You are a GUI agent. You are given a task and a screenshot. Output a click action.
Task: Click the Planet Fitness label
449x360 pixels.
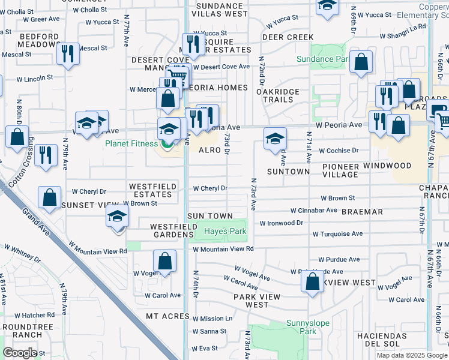click(x=131, y=143)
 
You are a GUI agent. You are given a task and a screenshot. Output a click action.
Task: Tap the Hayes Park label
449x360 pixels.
click(x=225, y=232)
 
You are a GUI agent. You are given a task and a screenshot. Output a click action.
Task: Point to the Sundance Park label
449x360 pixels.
click(x=323, y=59)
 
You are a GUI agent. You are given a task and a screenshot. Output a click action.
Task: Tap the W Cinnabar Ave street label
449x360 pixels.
click(x=314, y=211)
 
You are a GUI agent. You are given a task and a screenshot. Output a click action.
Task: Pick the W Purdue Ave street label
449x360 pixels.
click(x=339, y=260)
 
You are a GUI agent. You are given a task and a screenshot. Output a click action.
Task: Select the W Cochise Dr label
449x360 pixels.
click(x=339, y=151)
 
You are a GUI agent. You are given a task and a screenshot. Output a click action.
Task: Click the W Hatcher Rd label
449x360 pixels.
click(x=34, y=315)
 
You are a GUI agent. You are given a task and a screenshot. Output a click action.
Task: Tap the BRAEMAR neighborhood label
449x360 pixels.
click(x=362, y=212)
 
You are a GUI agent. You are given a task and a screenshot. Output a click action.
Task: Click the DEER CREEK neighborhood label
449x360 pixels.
click(x=288, y=37)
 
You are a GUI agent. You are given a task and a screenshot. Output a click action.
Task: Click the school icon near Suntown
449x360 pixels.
click(x=274, y=139)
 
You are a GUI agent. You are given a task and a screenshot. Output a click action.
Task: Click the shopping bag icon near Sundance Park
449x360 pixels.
click(x=361, y=62)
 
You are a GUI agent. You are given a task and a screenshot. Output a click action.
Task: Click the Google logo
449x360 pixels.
click(x=20, y=352)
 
